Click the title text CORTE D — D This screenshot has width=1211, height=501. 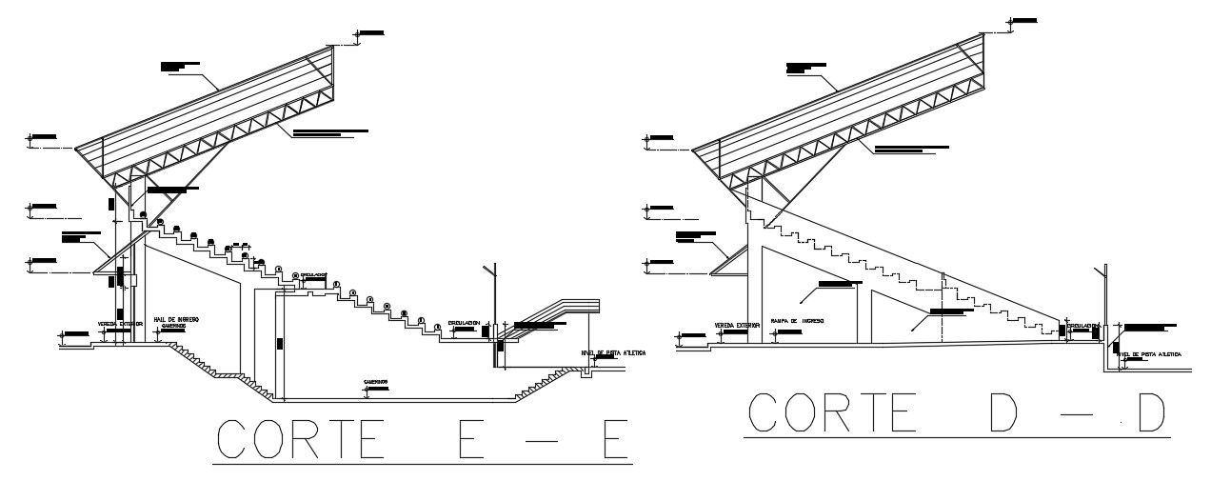pyautogui.click(x=957, y=411)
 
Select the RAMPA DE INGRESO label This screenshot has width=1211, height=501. pyautogui.click(x=797, y=322)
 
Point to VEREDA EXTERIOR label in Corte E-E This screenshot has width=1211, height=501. pyautogui.click(x=120, y=324)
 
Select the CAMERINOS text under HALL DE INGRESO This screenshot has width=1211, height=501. pyautogui.click(x=173, y=326)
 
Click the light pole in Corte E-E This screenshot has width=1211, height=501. pyautogui.click(x=493, y=305)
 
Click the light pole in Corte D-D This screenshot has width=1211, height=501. pyautogui.click(x=1105, y=305)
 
